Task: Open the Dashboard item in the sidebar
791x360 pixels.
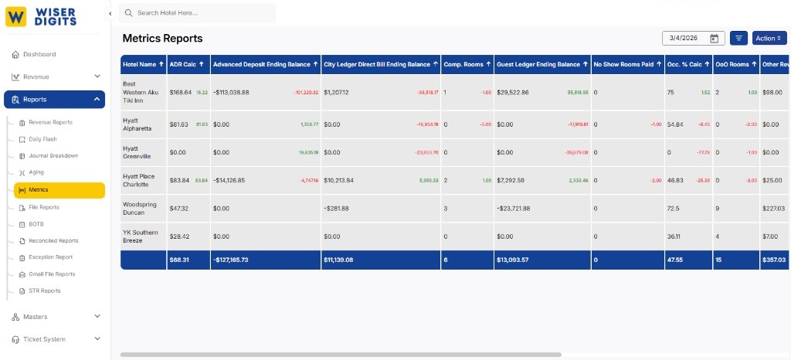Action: pyautogui.click(x=39, y=54)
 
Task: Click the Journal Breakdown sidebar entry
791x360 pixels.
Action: pyautogui.click(x=53, y=156)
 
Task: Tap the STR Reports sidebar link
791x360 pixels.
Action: pyautogui.click(x=45, y=291)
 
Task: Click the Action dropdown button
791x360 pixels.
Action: pyautogui.click(x=769, y=38)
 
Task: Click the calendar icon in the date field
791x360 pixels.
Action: pyautogui.click(x=715, y=39)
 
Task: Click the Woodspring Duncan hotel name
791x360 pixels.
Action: pyautogui.click(x=140, y=209)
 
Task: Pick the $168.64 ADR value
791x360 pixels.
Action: pyautogui.click(x=180, y=92)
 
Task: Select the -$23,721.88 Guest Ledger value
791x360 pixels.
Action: pyautogui.click(x=522, y=209)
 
